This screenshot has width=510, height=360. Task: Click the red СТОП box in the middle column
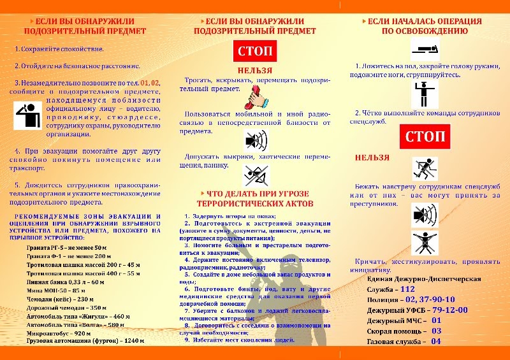tap(255, 51)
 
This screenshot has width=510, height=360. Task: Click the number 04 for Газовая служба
tap(436, 341)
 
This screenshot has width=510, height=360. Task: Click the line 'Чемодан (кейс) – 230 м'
tap(60, 299)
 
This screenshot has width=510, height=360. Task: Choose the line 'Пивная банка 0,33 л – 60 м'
tap(65, 281)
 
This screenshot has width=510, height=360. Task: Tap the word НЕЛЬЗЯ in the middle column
tap(255, 70)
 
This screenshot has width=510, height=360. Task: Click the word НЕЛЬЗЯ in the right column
tap(373, 156)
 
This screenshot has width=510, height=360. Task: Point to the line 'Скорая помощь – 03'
tap(404, 331)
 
